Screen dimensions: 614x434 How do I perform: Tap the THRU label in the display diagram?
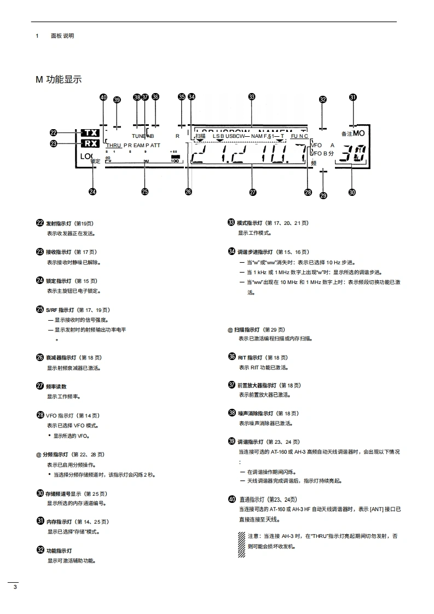coord(113,146)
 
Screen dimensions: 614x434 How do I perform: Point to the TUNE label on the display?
coord(138,135)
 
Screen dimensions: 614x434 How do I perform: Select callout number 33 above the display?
coord(252,97)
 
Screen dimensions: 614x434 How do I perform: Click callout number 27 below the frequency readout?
coord(252,192)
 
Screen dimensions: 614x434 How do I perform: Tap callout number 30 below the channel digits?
coord(352,192)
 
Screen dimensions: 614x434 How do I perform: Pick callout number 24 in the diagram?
coord(92,192)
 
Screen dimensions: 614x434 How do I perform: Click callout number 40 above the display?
coord(103,97)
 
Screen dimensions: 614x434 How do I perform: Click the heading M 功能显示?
coord(59,80)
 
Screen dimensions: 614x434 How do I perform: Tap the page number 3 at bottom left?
coord(15,588)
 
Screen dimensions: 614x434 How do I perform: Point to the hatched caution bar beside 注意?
coord(241,545)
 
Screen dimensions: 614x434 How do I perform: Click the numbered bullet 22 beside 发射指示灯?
coord(40,223)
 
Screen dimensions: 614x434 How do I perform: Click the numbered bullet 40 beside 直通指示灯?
coord(232,499)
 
